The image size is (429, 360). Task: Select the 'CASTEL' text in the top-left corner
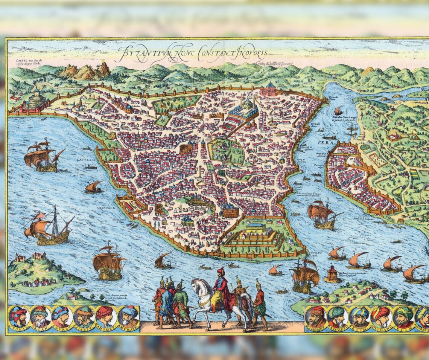18,60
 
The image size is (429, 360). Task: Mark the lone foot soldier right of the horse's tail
260,303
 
